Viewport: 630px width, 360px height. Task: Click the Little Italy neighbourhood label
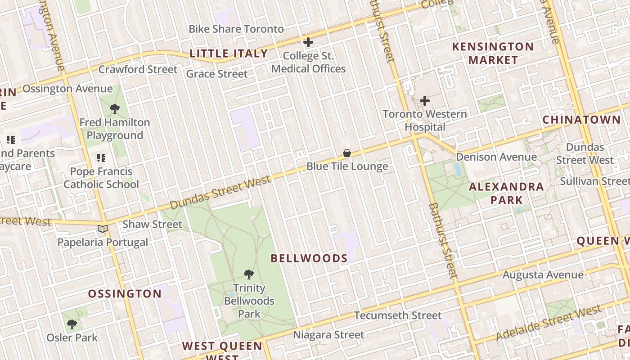coord(229,54)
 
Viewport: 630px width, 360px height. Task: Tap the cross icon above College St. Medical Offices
coord(308,43)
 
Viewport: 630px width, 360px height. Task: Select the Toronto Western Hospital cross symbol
coord(424,101)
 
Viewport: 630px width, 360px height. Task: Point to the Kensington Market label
coord(493,53)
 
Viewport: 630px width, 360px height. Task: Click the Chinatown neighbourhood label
coord(581,120)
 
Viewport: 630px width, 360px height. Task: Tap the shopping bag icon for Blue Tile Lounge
coord(347,153)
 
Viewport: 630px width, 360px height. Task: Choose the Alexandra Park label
coord(506,193)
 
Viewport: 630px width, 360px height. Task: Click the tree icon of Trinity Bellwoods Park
coord(249,274)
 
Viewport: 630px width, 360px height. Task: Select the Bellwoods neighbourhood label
coord(309,258)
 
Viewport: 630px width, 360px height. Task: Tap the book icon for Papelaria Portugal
coord(103,229)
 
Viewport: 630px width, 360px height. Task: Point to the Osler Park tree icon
coord(72,324)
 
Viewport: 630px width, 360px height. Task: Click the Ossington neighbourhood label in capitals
coord(125,294)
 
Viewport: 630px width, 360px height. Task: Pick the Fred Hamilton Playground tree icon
coord(115,108)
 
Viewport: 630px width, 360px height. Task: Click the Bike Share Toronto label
coord(236,29)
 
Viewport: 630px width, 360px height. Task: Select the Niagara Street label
coord(328,335)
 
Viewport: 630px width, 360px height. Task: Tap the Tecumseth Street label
coord(398,315)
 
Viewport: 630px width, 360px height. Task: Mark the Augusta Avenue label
coord(543,274)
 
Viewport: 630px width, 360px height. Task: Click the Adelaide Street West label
coord(549,323)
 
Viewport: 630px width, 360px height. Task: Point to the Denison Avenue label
coord(496,157)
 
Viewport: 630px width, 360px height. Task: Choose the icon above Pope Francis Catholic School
coord(101,158)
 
